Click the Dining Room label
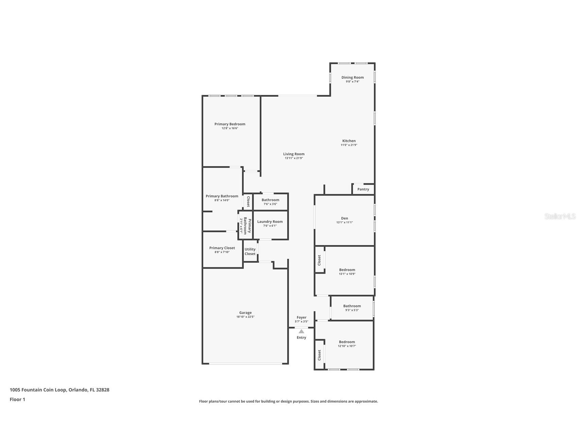[352, 77]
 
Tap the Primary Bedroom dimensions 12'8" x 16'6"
[230, 128]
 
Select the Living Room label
[294, 154]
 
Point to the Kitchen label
[349, 141]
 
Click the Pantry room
[363, 189]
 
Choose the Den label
[344, 218]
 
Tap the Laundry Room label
[270, 222]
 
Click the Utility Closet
[250, 251]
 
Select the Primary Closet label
[222, 248]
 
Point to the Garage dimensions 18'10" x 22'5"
[245, 317]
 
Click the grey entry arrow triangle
[301, 331]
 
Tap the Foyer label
[301, 317]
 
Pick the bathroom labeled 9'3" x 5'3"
[352, 308]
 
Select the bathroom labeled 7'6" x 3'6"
[271, 202]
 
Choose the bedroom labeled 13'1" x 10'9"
[350, 271]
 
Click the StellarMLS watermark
[560, 216]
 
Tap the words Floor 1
[17, 399]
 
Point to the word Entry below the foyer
[301, 338]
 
